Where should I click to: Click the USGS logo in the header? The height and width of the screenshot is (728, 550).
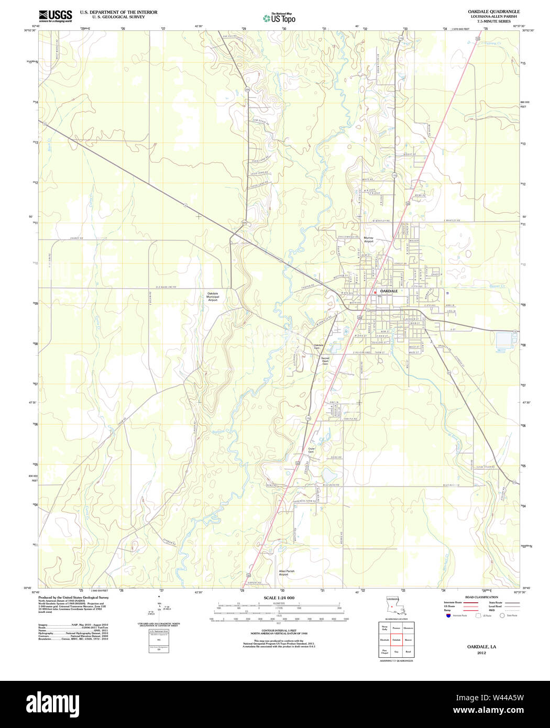(55, 15)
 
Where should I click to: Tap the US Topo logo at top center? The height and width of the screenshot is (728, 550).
(279, 18)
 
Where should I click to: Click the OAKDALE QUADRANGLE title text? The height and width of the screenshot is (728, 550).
(493, 12)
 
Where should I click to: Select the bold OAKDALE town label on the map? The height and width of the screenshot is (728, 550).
(389, 291)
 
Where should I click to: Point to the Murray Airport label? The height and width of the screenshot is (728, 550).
(369, 239)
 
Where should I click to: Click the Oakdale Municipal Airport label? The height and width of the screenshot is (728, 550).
(213, 296)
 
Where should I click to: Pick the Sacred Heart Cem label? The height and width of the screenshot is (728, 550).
(325, 361)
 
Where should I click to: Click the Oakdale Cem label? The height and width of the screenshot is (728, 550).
(319, 346)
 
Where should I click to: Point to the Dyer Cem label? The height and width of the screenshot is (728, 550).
(311, 450)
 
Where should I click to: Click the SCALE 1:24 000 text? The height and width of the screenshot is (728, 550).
(279, 598)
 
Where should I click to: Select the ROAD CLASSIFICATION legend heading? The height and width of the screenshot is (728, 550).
(481, 597)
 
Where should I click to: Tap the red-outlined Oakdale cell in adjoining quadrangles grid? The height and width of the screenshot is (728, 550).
(397, 640)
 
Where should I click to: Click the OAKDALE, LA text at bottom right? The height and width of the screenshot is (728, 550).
(481, 647)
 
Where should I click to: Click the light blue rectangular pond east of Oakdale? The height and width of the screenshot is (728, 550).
(505, 340)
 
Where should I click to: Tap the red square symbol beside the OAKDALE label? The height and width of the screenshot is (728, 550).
(375, 292)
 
